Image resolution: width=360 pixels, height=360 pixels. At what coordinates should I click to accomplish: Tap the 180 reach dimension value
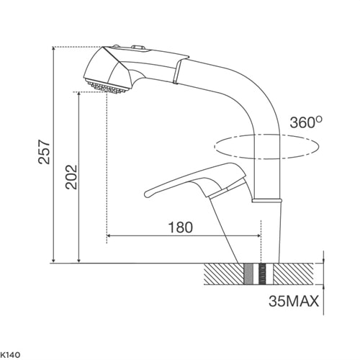click(x=180, y=227)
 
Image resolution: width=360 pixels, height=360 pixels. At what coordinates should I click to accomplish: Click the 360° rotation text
click(x=305, y=122)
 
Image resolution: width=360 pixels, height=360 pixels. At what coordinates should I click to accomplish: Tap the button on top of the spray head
click(x=137, y=49)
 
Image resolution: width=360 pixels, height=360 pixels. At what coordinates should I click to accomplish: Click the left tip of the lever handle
click(x=148, y=192)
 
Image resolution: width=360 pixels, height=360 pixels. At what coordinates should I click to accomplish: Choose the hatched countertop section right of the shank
click(x=295, y=274)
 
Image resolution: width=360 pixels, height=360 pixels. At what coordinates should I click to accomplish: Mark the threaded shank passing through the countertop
click(x=258, y=274)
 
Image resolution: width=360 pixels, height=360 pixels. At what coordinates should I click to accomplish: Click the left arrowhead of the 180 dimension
click(x=109, y=236)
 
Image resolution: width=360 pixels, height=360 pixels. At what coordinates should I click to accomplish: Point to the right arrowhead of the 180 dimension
click(x=258, y=236)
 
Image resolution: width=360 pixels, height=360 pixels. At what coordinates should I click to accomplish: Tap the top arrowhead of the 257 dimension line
click(x=55, y=50)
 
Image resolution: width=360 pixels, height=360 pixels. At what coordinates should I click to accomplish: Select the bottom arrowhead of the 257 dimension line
click(x=55, y=260)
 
